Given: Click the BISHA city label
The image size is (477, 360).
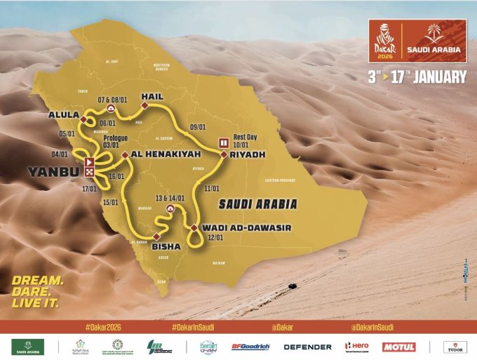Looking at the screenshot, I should pyautogui.click(x=166, y=246).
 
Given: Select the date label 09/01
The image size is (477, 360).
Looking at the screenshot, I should pyautogui.click(x=198, y=127).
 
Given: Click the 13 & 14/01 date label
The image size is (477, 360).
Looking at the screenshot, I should pyautogui.click(x=170, y=198).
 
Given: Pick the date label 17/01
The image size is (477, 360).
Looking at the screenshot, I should pyautogui.click(x=89, y=189).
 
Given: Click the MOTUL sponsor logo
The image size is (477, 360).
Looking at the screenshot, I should pyautogui.click(x=399, y=347).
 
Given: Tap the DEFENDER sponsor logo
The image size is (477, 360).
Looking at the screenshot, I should pyautogui.click(x=307, y=347).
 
